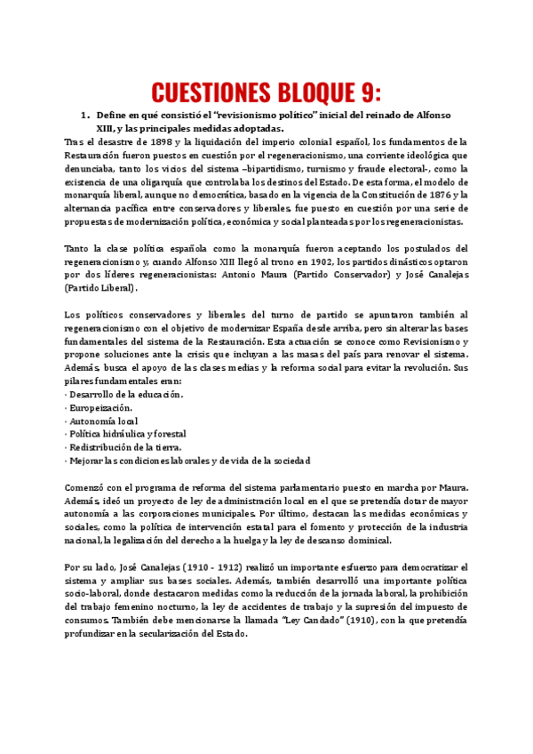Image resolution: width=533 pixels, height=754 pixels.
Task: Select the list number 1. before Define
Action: (x=86, y=116)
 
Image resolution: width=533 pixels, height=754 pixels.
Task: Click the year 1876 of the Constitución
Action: (x=440, y=195)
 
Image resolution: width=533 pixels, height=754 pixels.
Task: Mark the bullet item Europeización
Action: (x=103, y=407)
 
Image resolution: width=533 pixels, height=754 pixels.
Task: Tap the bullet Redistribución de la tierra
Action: (x=126, y=447)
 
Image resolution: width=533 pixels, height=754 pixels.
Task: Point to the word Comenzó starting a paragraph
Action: (x=87, y=487)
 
